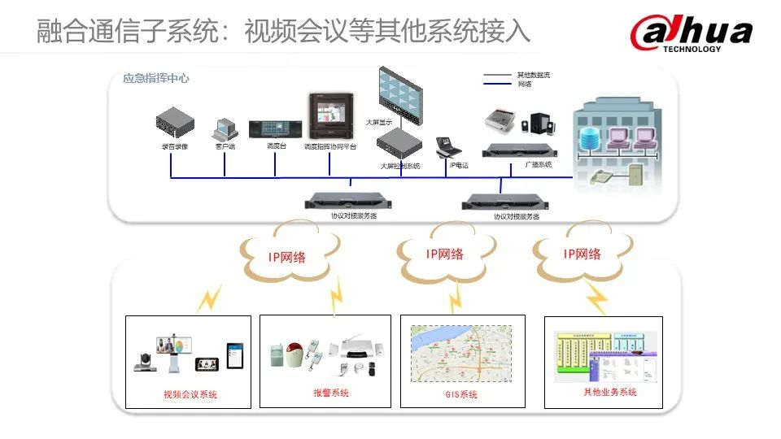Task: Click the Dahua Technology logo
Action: (x=691, y=33)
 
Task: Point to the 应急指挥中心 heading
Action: (x=156, y=79)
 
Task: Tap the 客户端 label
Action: (x=225, y=146)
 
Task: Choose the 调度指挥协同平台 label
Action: (x=330, y=147)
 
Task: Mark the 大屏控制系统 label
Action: (x=400, y=166)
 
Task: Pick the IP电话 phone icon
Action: (x=449, y=146)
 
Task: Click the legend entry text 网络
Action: (x=525, y=84)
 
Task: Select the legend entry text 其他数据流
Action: (x=534, y=75)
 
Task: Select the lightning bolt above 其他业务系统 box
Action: (x=597, y=298)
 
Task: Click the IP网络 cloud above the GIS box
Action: (x=444, y=254)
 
